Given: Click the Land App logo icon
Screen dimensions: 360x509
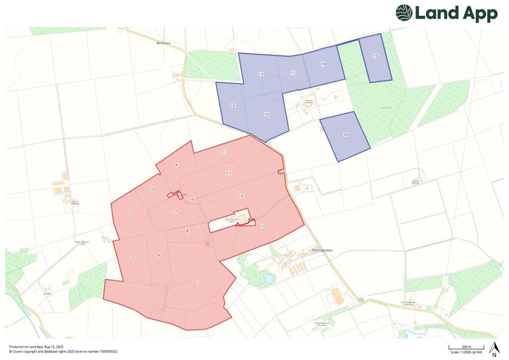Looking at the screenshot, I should click(404, 13).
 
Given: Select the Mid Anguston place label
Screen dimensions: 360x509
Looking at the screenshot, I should click(322, 251).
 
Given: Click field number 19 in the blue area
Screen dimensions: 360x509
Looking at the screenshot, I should click(375, 56).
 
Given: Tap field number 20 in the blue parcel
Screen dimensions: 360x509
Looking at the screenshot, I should click(346, 135).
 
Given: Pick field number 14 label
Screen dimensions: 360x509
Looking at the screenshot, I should click(232, 105).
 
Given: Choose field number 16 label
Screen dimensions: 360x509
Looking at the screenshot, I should click(266, 114).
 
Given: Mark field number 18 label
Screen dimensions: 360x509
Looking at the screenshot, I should click(324, 64).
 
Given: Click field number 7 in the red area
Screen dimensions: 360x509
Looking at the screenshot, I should click(198, 283).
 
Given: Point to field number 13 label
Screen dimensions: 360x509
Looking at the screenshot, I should click(262, 226).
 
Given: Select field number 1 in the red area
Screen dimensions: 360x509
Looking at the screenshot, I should click(130, 212).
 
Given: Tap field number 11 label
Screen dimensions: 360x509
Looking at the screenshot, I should click(224, 151).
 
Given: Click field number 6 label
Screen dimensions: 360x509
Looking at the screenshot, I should click(176, 165).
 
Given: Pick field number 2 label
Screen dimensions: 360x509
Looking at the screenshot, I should click(133, 258).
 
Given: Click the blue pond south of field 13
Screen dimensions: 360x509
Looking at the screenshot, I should click(267, 279).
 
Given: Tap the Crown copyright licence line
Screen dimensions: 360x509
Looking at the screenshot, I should click(63, 352).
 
